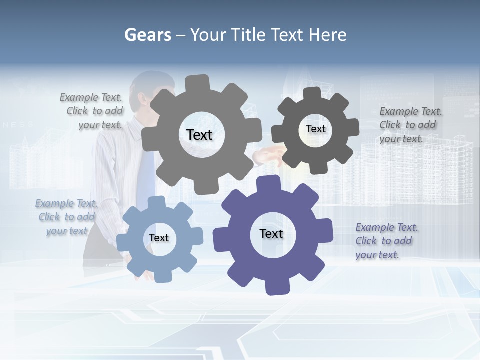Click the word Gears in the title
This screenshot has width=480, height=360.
pyautogui.click(x=147, y=35)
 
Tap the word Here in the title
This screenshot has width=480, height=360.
pyautogui.click(x=327, y=35)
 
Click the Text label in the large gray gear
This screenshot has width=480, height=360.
pyautogui.click(x=199, y=135)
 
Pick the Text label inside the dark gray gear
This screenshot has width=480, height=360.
pyautogui.click(x=315, y=129)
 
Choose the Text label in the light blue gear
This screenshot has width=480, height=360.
pyautogui.click(x=159, y=238)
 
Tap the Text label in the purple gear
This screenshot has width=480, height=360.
pyautogui.click(x=271, y=233)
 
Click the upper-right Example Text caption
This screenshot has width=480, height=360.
pyautogui.click(x=410, y=125)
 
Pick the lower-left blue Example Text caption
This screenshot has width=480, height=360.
pyautogui.click(x=66, y=217)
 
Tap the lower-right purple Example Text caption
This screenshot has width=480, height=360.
pyautogui.click(x=386, y=241)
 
